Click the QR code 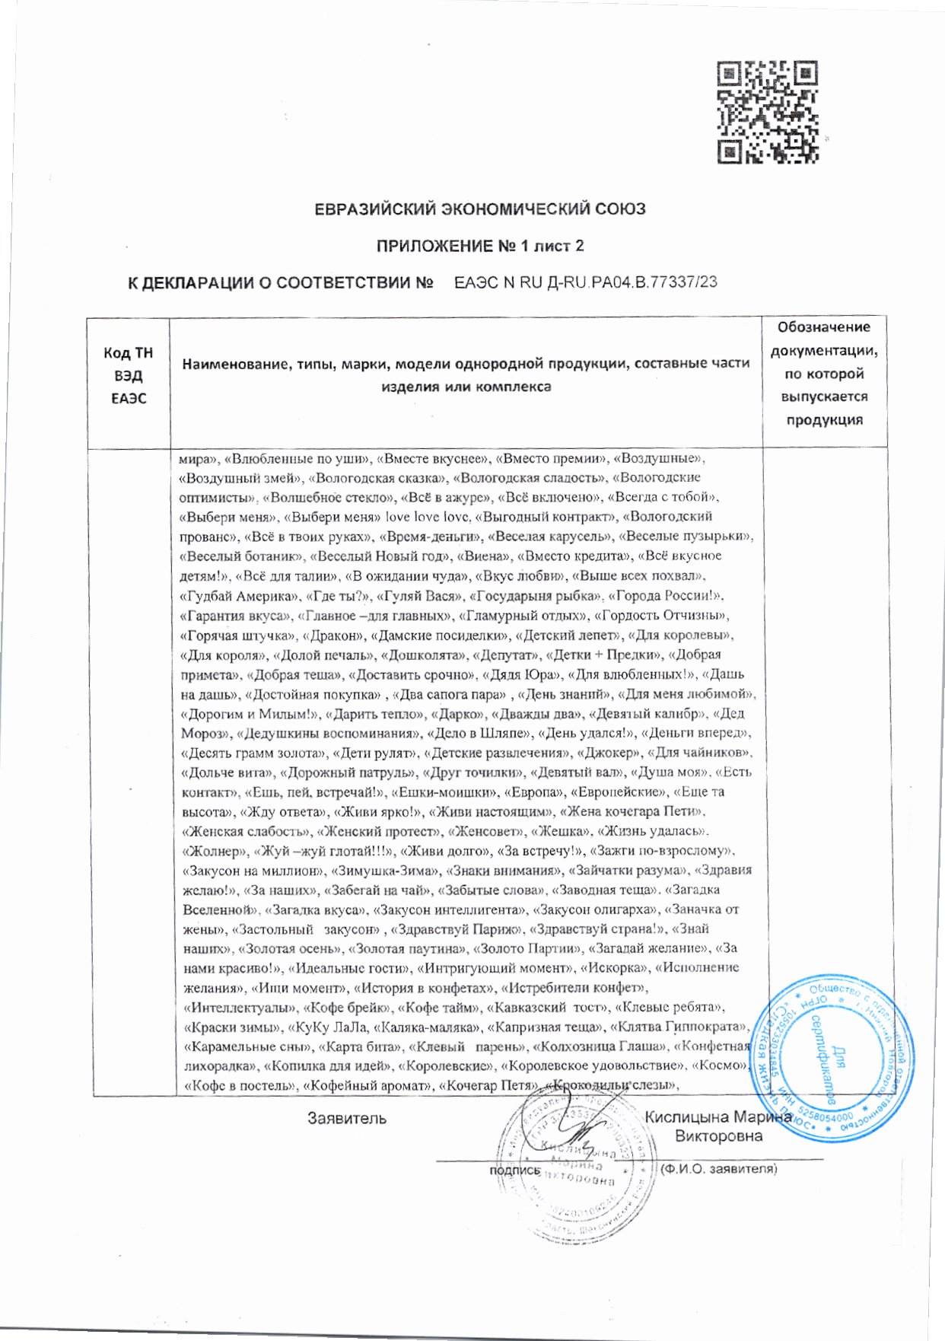point(768,113)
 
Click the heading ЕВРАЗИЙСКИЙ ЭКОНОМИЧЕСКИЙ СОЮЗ point(480,209)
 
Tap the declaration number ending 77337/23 point(585,282)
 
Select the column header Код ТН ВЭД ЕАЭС point(128,375)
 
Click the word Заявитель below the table point(347,1118)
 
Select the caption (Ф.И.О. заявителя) point(719,1168)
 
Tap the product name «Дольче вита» point(226,772)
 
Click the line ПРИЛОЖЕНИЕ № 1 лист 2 point(480,246)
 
